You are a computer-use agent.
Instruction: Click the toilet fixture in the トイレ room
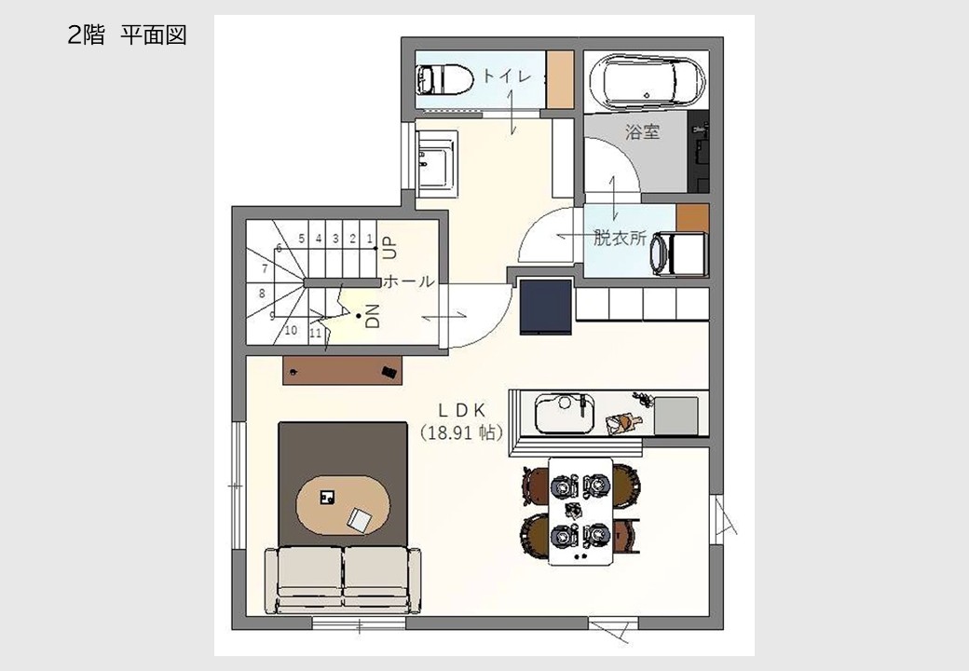tap(444, 79)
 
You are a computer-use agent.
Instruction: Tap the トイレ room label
tap(507, 76)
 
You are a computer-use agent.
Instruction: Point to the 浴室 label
tap(643, 131)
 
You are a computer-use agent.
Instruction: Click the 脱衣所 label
tap(620, 238)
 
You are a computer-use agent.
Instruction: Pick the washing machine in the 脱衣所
tap(678, 253)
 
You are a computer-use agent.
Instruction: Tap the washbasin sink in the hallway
tap(437, 163)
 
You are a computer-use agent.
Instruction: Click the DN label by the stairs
tap(373, 316)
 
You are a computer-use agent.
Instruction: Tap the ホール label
tap(408, 281)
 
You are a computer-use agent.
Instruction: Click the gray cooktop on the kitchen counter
tap(676, 416)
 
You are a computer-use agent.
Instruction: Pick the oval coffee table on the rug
tap(343, 505)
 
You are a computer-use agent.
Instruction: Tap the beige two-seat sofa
tap(343, 581)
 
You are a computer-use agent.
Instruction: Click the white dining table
tap(580, 511)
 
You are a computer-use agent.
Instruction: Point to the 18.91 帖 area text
tap(461, 432)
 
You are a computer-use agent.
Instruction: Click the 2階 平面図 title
tap(128, 35)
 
